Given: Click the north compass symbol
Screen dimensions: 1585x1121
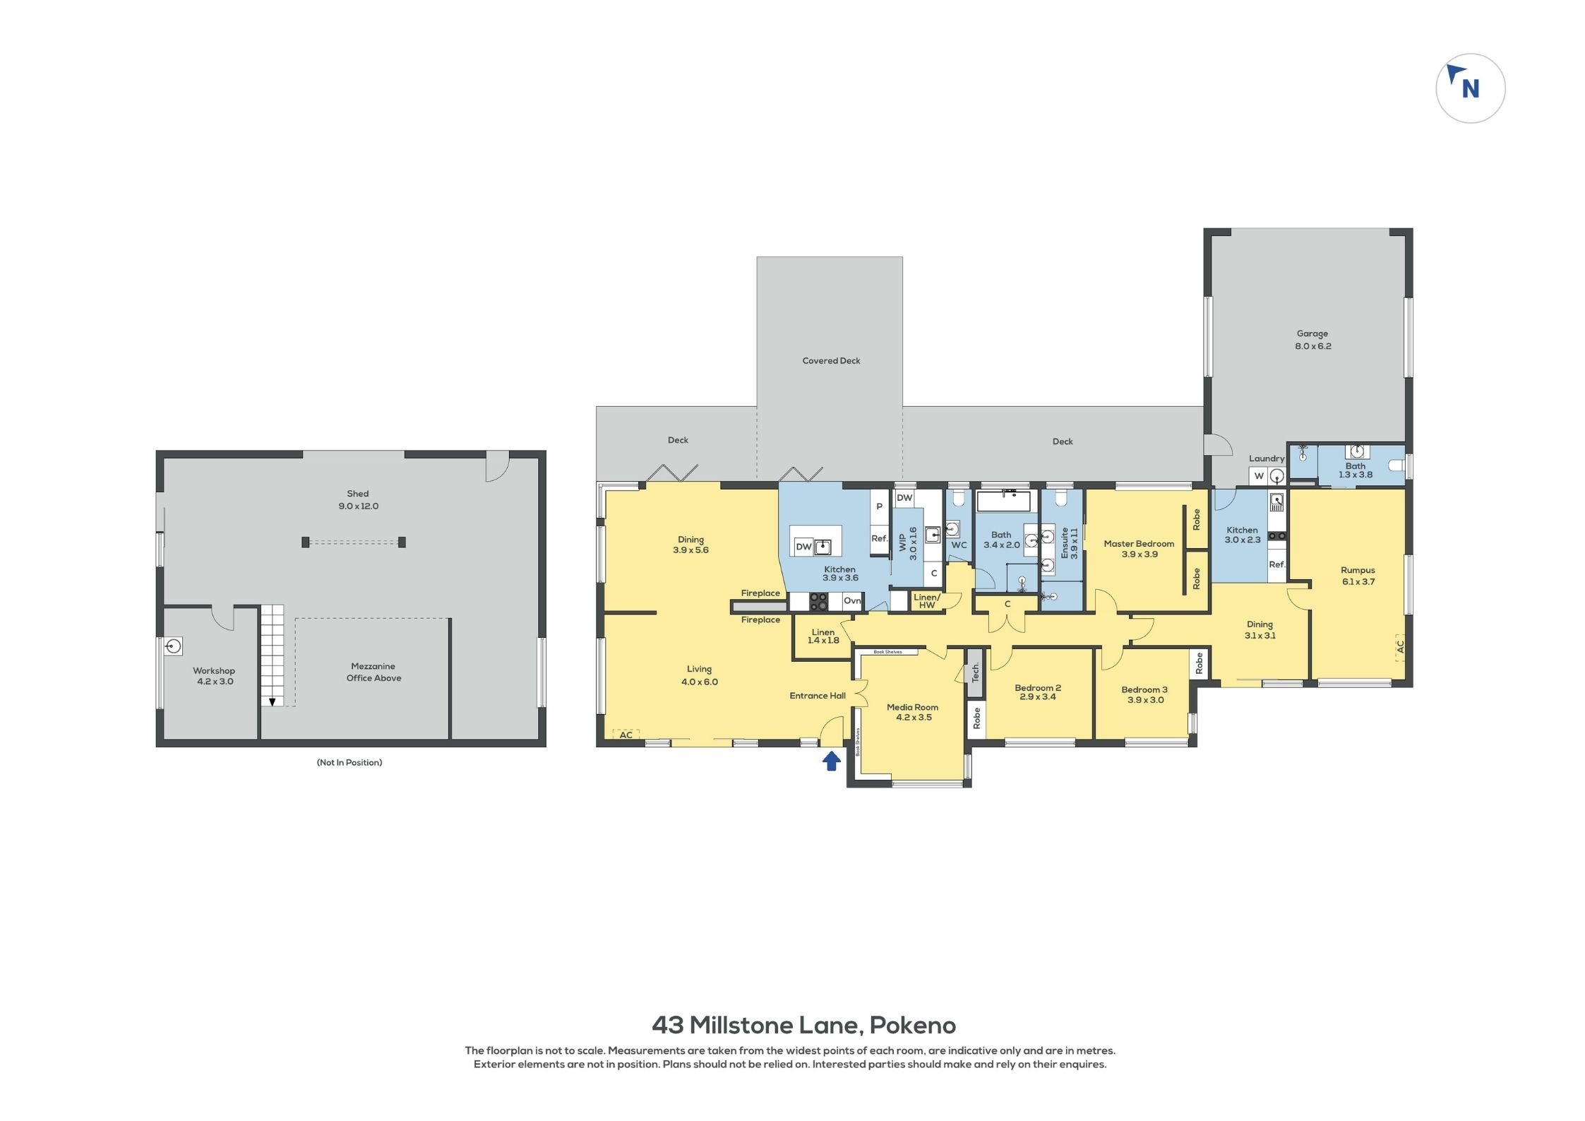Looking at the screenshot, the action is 1470,88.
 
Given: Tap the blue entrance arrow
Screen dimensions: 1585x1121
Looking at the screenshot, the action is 832,760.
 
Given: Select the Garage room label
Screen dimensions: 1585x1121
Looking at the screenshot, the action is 1312,340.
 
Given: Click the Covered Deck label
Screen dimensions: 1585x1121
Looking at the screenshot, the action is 831,361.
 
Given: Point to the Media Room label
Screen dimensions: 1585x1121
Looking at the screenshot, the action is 913,712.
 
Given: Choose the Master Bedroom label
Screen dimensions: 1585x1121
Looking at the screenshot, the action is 1139,549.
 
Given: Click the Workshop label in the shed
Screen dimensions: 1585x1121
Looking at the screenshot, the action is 214,676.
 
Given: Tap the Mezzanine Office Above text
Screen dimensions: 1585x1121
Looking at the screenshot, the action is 373,672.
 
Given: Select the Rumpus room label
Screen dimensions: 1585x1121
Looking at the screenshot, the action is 1358,576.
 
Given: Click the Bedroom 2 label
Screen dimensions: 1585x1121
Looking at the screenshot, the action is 1038,692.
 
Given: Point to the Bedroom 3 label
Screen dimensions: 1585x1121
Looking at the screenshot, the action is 1144,695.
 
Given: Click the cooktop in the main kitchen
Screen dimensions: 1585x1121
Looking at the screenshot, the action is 818,601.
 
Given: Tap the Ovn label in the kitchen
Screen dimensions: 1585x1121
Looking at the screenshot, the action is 852,600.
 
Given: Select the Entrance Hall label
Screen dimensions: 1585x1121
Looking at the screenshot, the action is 818,696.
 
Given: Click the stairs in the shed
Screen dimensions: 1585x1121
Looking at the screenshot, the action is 273,655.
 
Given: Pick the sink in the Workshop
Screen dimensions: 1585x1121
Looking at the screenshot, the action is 174,646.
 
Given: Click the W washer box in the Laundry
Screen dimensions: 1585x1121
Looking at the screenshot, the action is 1258,476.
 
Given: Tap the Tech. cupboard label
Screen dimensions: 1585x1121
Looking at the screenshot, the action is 975,672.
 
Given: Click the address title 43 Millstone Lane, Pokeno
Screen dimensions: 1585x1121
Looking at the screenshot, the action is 803,1025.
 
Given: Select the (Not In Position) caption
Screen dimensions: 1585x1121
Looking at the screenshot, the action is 349,763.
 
